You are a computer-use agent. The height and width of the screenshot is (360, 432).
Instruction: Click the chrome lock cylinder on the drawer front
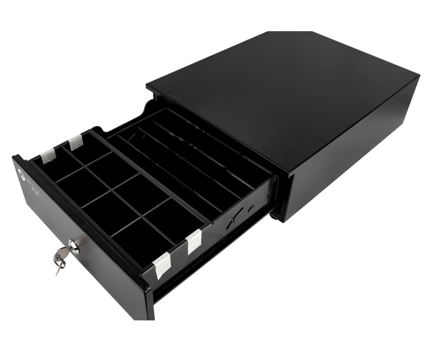click(74, 246)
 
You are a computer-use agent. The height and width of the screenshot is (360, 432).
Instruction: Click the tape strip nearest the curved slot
click(194, 242)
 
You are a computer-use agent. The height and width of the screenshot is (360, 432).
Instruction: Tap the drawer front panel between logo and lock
click(44, 212)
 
